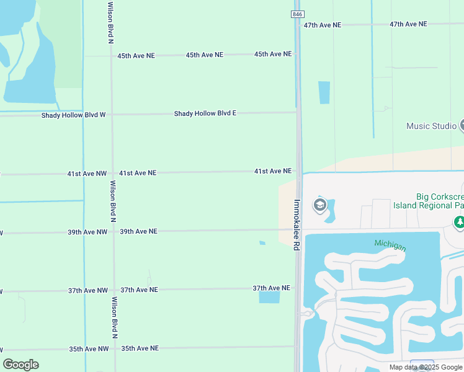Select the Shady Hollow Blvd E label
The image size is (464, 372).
tap(205, 113)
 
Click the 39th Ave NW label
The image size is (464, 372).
tap(87, 232)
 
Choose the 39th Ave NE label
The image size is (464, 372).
tap(138, 231)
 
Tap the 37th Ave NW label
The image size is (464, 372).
tap(87, 291)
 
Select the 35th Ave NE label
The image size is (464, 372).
tap(140, 348)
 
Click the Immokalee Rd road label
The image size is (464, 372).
tap(297, 224)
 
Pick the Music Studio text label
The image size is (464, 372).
tap(431, 126)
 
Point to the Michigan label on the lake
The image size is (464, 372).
tap(390, 246)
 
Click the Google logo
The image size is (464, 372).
tap(21, 365)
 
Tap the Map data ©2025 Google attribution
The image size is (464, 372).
tap(426, 368)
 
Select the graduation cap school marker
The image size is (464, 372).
tap(320, 205)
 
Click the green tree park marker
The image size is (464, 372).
tap(459, 221)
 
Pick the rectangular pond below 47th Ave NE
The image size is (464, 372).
tap(324, 92)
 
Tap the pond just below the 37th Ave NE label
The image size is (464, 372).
tap(269, 297)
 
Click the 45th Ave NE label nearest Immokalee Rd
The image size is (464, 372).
tap(273, 54)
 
